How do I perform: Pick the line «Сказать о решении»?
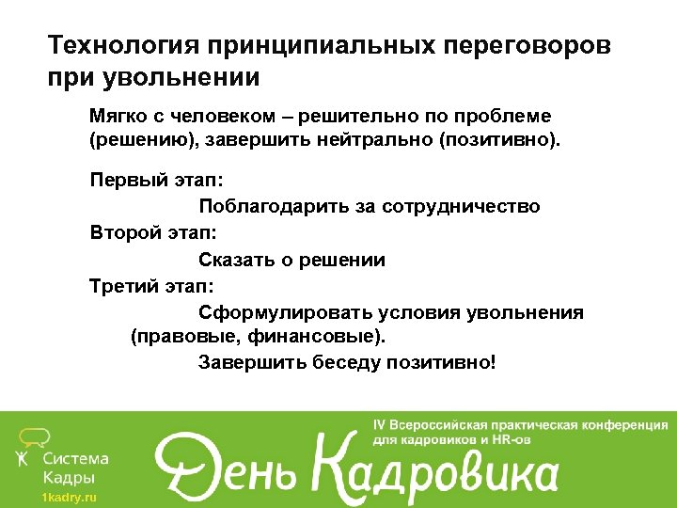(x=291, y=260)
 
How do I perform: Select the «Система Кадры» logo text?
(x=76, y=468)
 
